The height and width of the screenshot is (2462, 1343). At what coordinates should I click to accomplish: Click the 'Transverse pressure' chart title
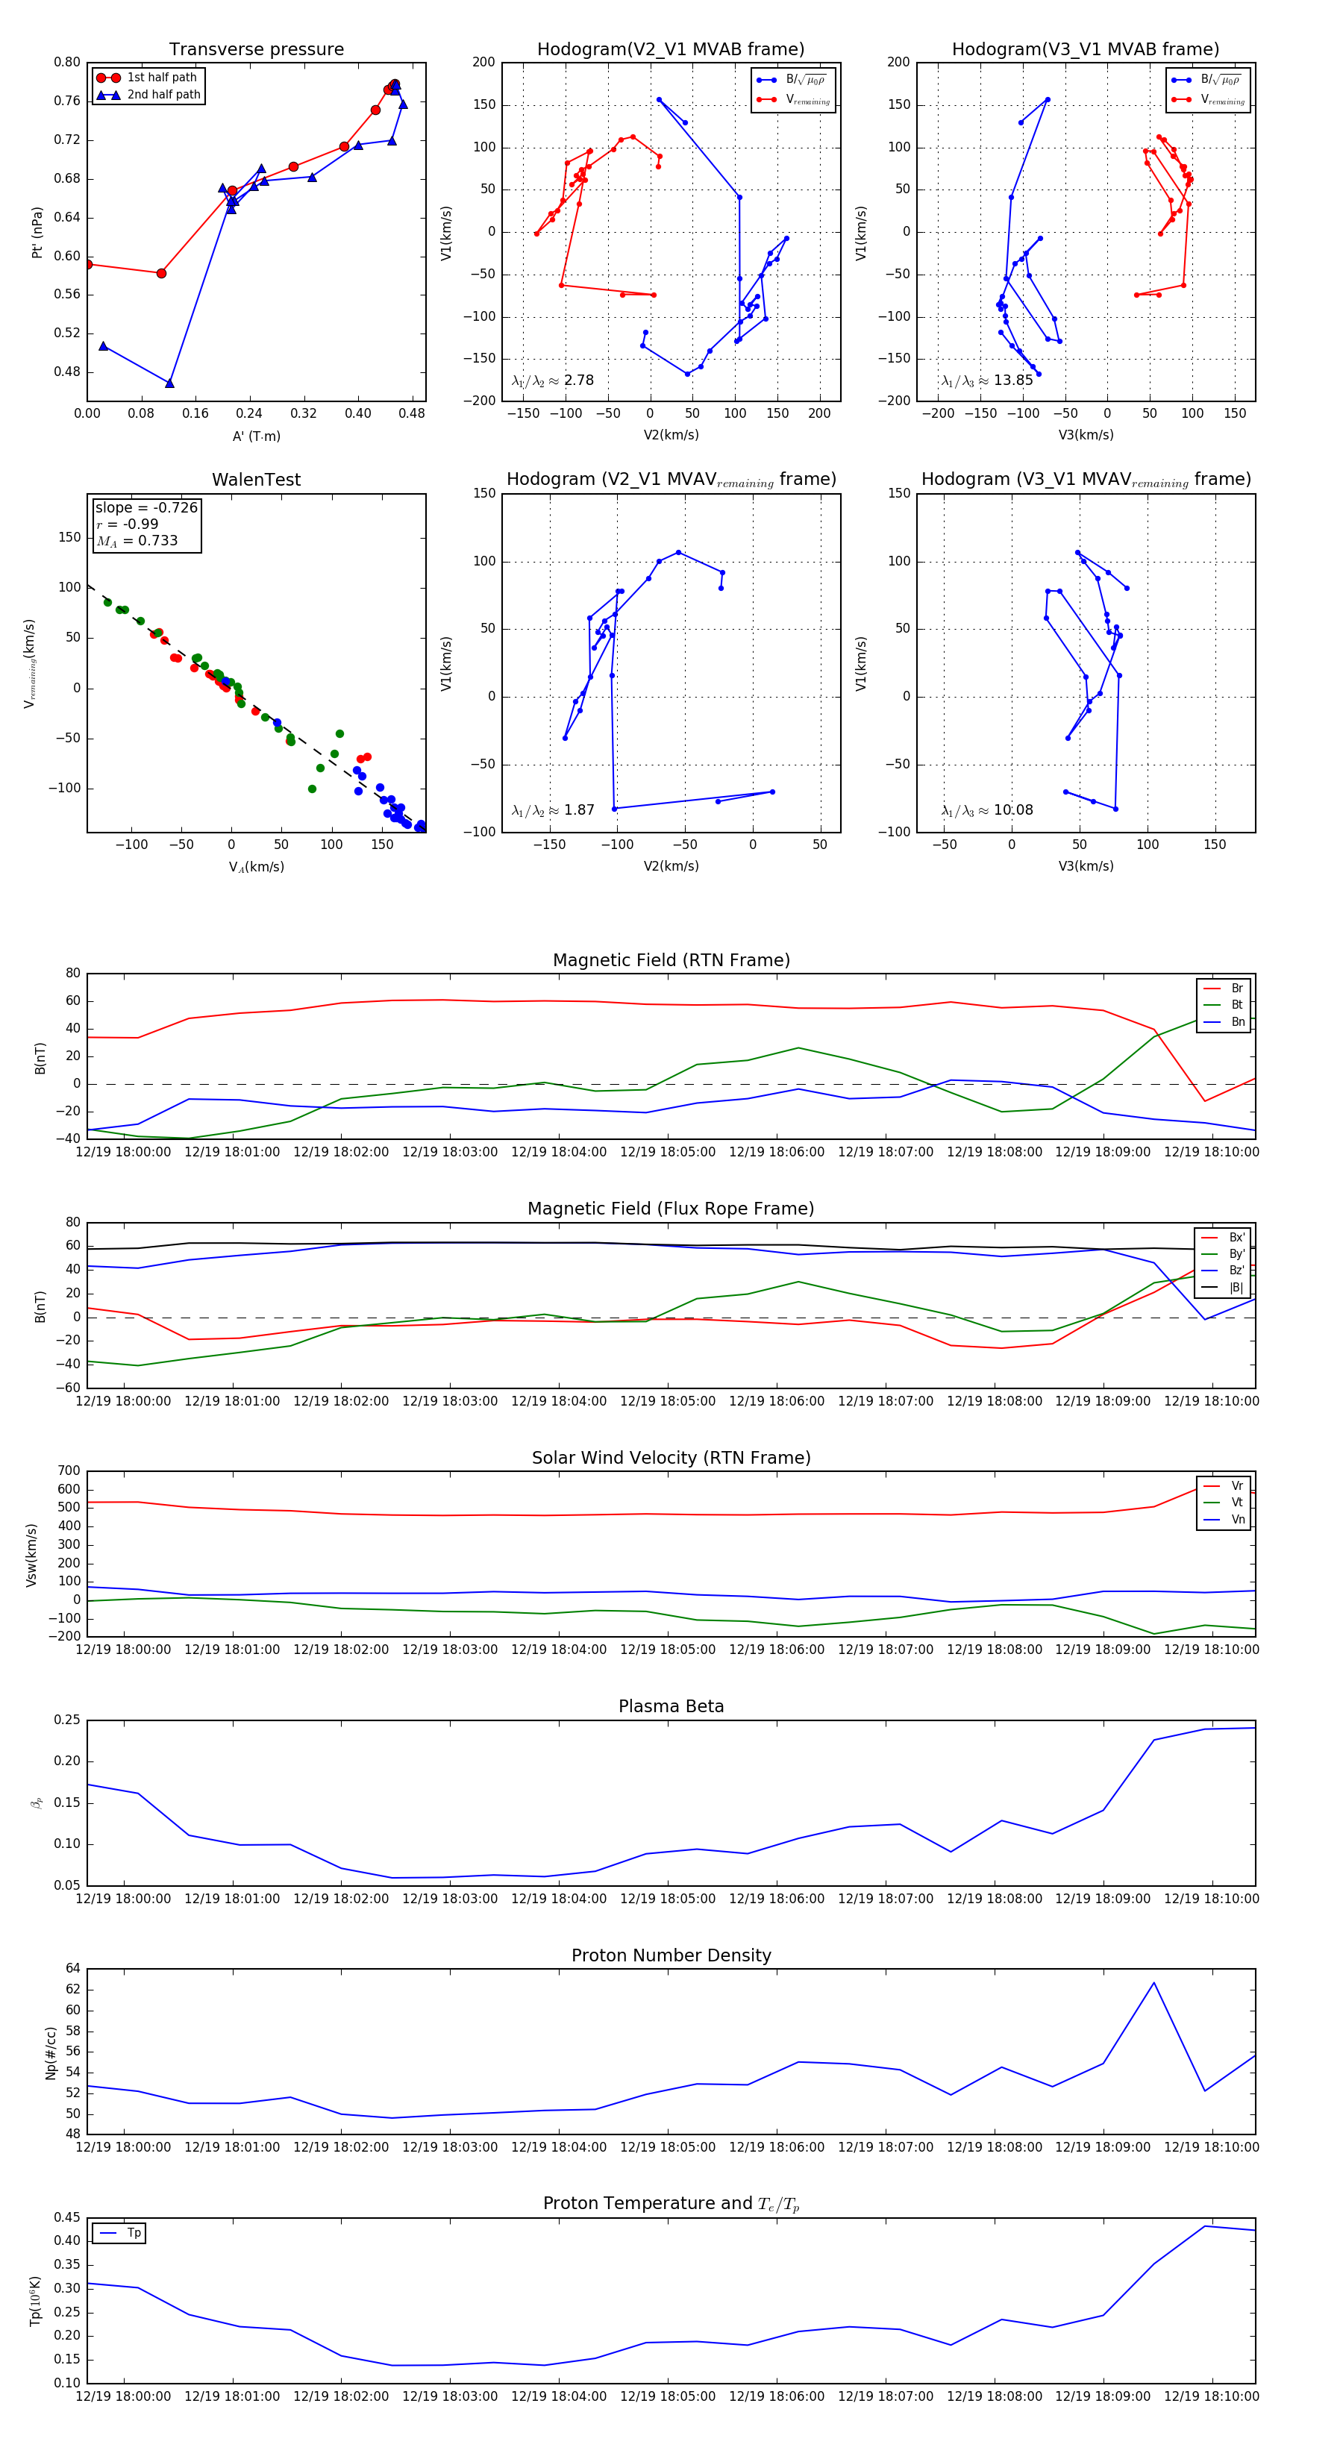[256, 50]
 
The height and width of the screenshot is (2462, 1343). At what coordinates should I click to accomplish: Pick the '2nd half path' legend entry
[163, 95]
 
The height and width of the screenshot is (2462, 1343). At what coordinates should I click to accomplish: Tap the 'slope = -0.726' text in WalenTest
[146, 507]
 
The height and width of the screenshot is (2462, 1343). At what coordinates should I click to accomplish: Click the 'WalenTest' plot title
[256, 480]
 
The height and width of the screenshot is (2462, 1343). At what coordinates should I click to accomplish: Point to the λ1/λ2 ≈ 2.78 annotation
[552, 380]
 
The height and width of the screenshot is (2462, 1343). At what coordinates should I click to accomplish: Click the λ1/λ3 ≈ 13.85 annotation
[986, 380]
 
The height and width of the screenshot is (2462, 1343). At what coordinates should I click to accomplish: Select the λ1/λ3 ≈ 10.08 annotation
[986, 810]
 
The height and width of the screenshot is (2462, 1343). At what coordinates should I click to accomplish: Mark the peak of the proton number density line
[1153, 1982]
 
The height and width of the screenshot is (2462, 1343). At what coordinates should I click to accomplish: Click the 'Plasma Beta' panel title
[671, 1706]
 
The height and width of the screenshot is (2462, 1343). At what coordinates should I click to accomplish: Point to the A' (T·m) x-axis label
[256, 436]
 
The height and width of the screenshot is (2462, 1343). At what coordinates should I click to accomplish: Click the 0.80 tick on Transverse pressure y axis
[67, 62]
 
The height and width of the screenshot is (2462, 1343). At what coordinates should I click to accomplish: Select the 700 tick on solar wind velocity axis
[69, 1471]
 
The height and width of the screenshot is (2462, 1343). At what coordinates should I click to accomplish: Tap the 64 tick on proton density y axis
[72, 1969]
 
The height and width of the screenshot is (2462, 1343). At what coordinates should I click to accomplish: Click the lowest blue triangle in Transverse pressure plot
[169, 383]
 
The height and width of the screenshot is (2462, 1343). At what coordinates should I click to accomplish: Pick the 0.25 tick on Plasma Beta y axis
[67, 1720]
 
